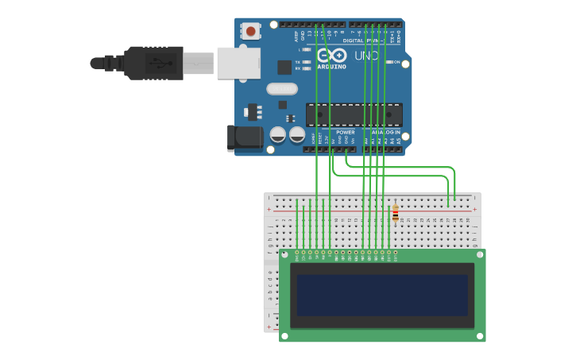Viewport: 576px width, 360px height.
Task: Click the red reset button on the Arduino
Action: (251, 32)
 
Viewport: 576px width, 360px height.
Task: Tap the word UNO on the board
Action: (366, 56)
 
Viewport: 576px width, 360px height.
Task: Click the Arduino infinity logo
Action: (331, 55)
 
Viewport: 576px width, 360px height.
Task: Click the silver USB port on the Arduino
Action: (238, 62)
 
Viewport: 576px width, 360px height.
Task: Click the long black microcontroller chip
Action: (354, 114)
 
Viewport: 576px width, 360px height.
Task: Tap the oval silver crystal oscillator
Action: (281, 89)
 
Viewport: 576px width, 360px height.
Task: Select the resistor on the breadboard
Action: (395, 213)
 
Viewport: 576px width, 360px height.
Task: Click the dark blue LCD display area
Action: (382, 296)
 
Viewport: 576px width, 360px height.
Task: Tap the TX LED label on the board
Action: (298, 62)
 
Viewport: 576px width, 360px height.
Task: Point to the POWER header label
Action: (345, 132)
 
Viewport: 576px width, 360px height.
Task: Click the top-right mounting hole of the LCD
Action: (479, 255)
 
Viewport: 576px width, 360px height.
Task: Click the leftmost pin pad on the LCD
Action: (296, 252)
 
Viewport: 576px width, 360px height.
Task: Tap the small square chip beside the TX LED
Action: (284, 68)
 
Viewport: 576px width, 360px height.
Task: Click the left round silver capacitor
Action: (278, 135)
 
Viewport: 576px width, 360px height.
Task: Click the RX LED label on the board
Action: (298, 68)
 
